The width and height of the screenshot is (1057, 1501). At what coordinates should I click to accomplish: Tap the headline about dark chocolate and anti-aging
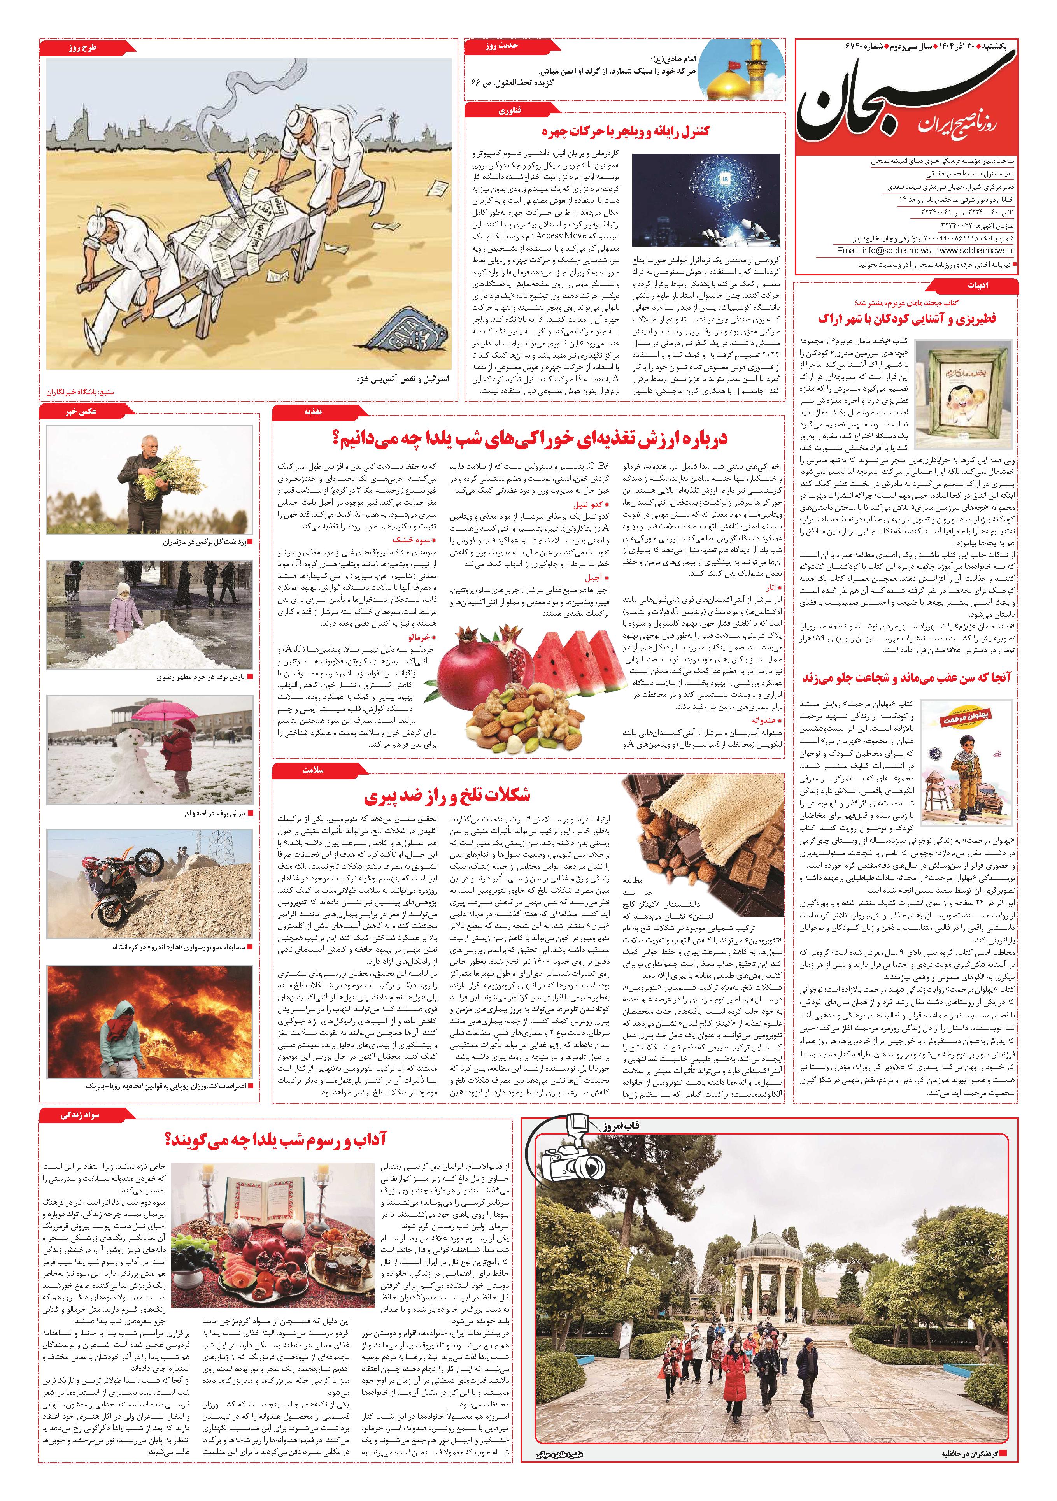(x=447, y=796)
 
